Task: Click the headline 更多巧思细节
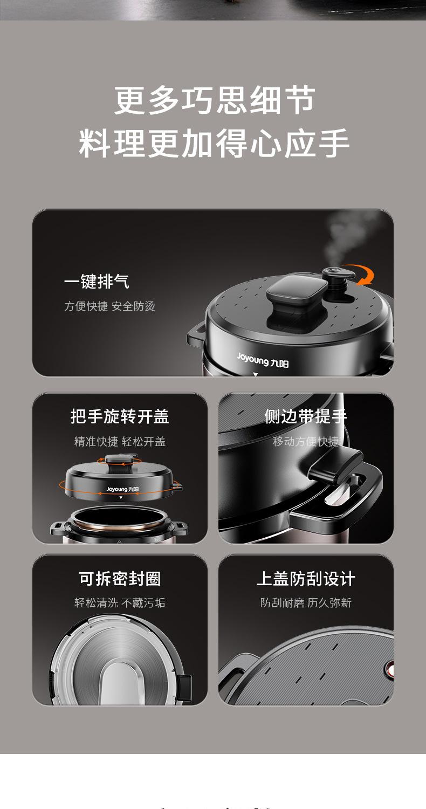pyautogui.click(x=215, y=100)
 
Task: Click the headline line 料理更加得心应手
pyautogui.click(x=214, y=143)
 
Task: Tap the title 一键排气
pyautogui.click(x=97, y=282)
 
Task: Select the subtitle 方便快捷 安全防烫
pyautogui.click(x=110, y=306)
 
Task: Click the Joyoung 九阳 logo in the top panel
pyautogui.click(x=263, y=360)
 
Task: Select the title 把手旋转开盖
pyautogui.click(x=120, y=416)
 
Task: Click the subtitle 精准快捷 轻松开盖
pyautogui.click(x=120, y=441)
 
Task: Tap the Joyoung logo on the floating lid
pyautogui.click(x=122, y=489)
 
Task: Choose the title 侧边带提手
pyautogui.click(x=306, y=416)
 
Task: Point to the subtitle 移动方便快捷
pyautogui.click(x=306, y=441)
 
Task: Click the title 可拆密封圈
pyautogui.click(x=120, y=579)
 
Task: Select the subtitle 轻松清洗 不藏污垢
pyautogui.click(x=120, y=602)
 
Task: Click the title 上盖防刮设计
pyautogui.click(x=306, y=579)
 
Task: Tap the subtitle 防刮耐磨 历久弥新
pyautogui.click(x=306, y=602)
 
